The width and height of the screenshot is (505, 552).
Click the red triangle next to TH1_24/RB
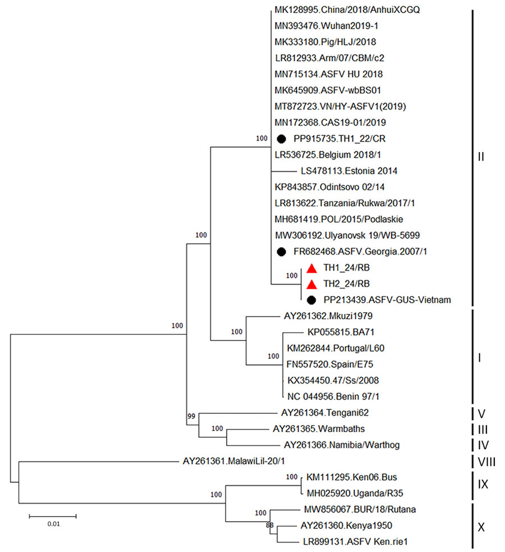312,268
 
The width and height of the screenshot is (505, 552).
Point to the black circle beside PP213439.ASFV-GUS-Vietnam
312,300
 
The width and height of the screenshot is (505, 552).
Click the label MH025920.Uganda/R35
348,494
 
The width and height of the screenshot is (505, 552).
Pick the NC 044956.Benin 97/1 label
329,396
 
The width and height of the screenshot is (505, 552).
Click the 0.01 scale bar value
52,524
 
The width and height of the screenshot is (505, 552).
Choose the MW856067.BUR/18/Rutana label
350,510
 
